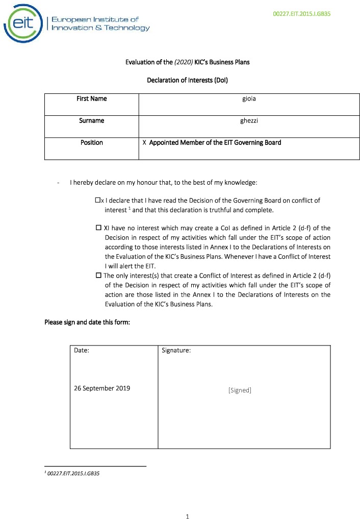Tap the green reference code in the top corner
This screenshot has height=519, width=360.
point(302,14)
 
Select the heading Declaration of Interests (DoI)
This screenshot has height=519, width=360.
point(187,80)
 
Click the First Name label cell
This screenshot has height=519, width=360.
point(91,98)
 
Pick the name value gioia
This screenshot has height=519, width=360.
point(249,98)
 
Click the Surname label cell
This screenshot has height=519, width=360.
point(91,120)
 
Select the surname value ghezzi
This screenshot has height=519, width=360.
point(249,120)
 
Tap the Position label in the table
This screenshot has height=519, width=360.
point(91,142)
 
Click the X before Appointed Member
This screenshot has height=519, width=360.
point(144,142)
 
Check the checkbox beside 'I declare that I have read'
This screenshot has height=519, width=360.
point(98,201)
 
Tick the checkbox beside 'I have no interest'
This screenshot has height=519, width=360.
point(98,228)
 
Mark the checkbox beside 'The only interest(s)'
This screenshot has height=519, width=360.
point(98,276)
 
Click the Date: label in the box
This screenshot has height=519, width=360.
point(82,351)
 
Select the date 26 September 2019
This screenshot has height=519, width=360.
point(102,388)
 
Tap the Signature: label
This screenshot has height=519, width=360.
point(176,351)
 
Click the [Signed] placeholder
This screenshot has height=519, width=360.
point(240,390)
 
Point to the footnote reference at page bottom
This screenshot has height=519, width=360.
point(73,473)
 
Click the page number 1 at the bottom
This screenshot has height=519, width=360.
point(187,516)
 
